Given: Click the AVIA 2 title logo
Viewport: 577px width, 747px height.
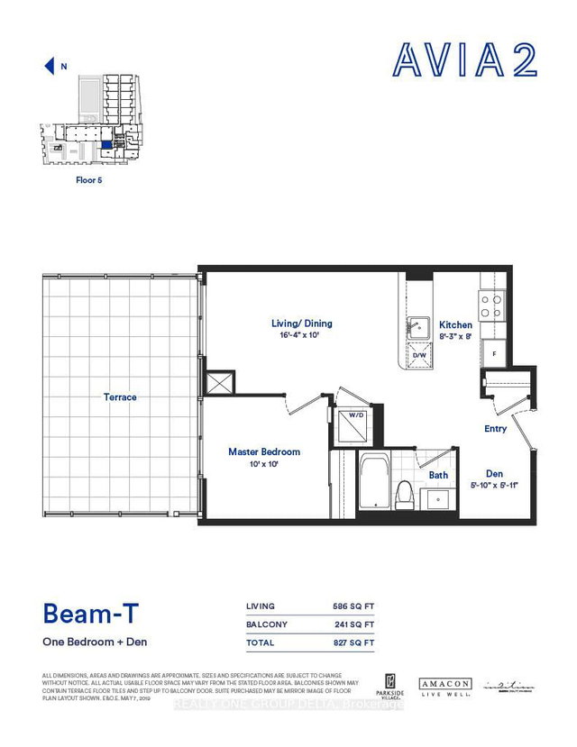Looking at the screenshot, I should tap(464, 59).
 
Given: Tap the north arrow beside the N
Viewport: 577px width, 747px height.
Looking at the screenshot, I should tap(49, 65).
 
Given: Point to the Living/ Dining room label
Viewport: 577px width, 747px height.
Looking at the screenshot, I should tap(302, 323).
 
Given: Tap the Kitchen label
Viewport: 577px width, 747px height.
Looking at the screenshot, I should tap(455, 325).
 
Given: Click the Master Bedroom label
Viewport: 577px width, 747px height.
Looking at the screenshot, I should tap(264, 451).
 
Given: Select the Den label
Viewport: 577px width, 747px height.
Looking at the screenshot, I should tap(493, 474).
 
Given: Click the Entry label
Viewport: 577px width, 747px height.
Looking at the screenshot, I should tap(495, 429).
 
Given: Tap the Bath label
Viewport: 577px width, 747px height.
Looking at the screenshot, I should tap(438, 475).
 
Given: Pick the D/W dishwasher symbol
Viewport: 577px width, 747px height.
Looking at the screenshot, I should tap(418, 355).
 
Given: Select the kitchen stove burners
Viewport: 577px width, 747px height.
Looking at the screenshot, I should tap(491, 307).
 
